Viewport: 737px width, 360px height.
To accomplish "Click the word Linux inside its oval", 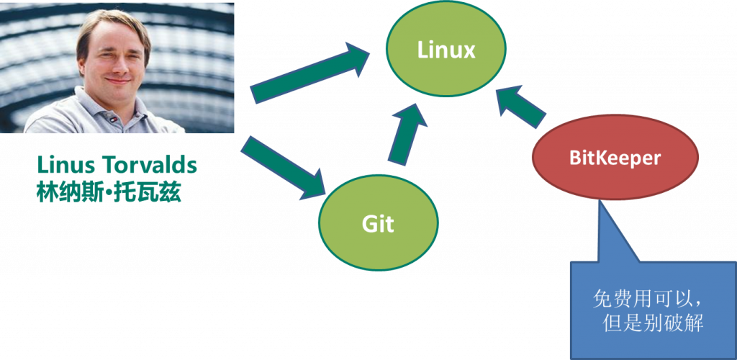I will [x=446, y=50].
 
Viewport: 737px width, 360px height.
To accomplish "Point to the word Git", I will [x=378, y=224].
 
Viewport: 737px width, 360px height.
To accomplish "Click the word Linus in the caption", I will [x=65, y=165].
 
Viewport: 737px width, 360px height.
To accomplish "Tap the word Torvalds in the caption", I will [x=150, y=165].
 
